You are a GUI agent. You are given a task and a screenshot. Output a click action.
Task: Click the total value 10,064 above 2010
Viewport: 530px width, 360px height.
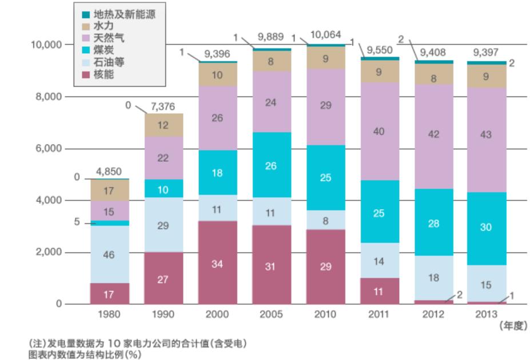tap(325, 35)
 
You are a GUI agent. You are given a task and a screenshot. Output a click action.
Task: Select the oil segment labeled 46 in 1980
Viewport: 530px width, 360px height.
tap(109, 255)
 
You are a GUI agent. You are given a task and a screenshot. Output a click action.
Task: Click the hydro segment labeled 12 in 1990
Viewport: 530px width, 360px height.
tap(164, 125)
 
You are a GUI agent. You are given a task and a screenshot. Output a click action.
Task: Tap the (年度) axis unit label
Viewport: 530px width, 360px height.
tap(512, 326)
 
